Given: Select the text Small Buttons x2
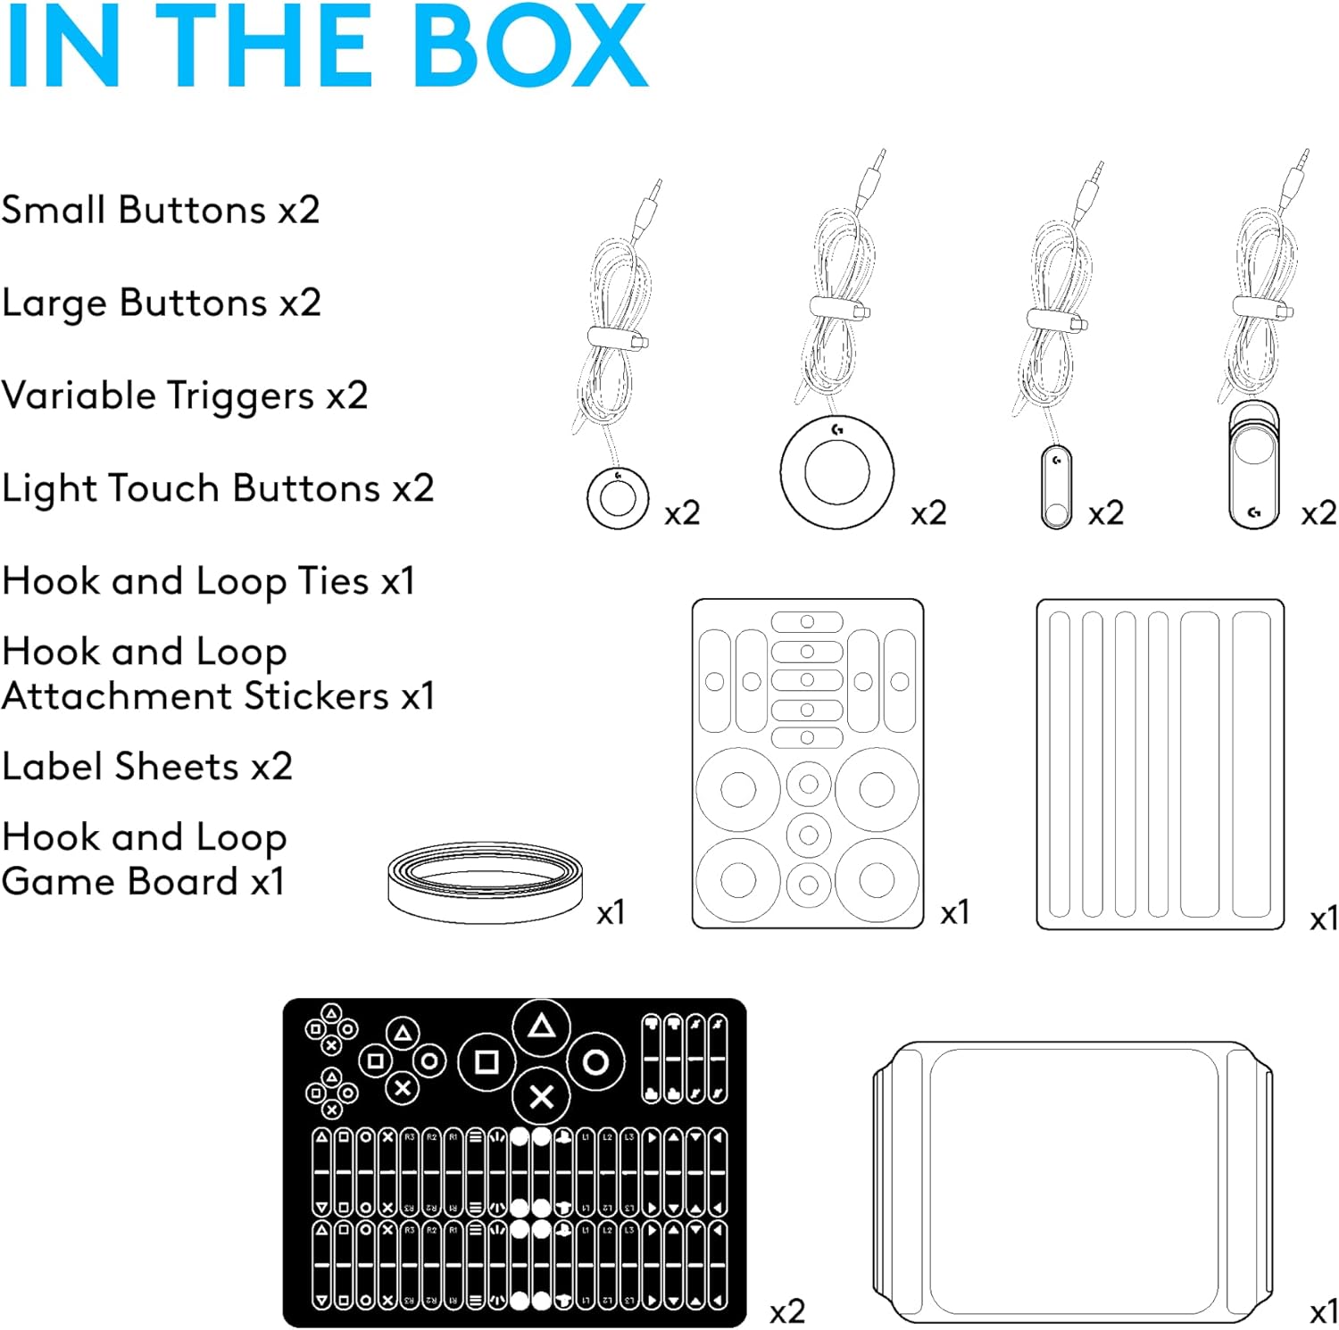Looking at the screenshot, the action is pyautogui.click(x=161, y=211).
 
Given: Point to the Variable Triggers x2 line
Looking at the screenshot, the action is pyautogui.click(x=185, y=396).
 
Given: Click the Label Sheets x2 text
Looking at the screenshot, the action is pyautogui.click(x=147, y=767).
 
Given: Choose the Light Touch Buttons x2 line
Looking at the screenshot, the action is pyautogui.click(x=218, y=489).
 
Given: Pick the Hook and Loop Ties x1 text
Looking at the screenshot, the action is pyautogui.click(x=209, y=582).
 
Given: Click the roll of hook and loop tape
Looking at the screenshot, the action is pyautogui.click(x=486, y=881).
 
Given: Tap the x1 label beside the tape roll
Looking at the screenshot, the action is pyautogui.click(x=611, y=912).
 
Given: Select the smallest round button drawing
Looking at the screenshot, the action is pyautogui.click(x=618, y=497).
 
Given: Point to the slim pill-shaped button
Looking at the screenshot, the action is pyautogui.click(x=1056, y=486).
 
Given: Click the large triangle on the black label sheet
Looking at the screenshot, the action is pyautogui.click(x=541, y=1027).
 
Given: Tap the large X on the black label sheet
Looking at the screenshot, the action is pyautogui.click(x=541, y=1097).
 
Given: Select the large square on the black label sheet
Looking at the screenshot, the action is pyautogui.click(x=487, y=1062).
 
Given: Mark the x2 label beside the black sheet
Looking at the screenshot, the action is pyautogui.click(x=786, y=1310).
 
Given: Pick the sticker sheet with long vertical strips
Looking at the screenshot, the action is pyautogui.click(x=1160, y=764).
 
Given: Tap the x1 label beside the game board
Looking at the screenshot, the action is pyautogui.click(x=1323, y=1311).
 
